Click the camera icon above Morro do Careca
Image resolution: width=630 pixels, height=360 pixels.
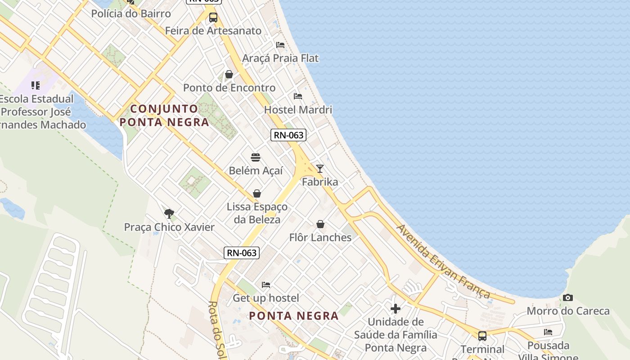coord(568,297)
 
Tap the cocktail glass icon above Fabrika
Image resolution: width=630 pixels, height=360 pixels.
coord(319,169)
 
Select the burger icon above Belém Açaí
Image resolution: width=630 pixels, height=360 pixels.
coord(256,157)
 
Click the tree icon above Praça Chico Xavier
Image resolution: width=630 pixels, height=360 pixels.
coord(169,213)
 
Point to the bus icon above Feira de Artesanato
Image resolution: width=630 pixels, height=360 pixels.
coord(213,18)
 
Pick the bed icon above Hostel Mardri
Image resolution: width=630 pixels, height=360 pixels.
coord(297,96)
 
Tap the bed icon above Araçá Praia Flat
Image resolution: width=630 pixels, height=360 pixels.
coord(280,45)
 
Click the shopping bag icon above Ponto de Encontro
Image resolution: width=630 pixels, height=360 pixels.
coord(229,74)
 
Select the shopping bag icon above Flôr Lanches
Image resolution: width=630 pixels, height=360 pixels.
coord(320,224)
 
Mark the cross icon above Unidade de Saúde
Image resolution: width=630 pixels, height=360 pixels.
coord(396,308)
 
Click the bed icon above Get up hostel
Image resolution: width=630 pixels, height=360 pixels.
coord(266,285)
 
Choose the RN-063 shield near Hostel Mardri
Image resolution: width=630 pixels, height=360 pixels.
coord(288,135)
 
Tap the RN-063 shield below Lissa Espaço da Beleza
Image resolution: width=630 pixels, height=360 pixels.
coord(242,253)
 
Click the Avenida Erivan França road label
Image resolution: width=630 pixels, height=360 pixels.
coord(443,261)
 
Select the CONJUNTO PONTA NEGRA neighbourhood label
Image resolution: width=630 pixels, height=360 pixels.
coord(164,115)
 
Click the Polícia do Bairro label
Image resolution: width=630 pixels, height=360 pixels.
coord(131,13)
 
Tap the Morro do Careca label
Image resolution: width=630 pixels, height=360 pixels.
coord(568,311)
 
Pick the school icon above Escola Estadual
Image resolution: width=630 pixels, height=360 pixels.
coord(36,85)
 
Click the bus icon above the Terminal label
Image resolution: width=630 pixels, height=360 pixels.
coord(482,336)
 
